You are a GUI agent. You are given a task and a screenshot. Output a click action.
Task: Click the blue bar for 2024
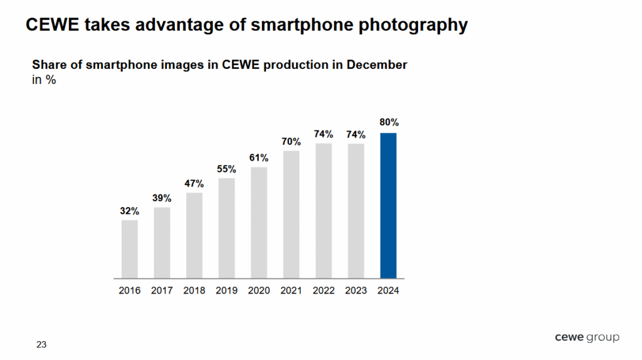coord(389,206)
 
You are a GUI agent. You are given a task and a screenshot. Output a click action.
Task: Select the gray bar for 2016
coord(130,249)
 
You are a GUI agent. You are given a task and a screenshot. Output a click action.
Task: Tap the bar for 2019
coord(227,228)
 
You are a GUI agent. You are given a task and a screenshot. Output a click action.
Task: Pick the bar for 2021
coord(292,214)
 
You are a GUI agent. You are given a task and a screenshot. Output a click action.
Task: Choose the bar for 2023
coord(356,211)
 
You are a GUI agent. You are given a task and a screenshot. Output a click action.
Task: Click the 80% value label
coord(389,122)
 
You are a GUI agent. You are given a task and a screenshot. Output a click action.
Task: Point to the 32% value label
coord(130,211)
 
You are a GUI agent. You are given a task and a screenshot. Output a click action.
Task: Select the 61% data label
coord(259,157)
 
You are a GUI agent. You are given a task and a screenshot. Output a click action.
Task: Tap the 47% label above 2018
coord(194,183)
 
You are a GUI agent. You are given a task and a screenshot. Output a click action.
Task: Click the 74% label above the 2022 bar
coord(324,134)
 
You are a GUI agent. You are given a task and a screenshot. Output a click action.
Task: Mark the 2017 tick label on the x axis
coord(162,290)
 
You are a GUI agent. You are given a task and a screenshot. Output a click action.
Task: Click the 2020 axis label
coord(259,290)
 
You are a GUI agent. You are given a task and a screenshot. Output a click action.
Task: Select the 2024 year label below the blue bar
coord(389,290)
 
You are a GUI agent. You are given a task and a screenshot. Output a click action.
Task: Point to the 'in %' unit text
coord(44,80)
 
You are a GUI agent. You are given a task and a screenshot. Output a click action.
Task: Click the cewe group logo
coord(587,337)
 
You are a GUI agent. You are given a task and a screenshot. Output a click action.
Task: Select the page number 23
coord(41,344)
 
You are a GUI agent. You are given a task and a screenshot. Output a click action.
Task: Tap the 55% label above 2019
coord(227,169)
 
